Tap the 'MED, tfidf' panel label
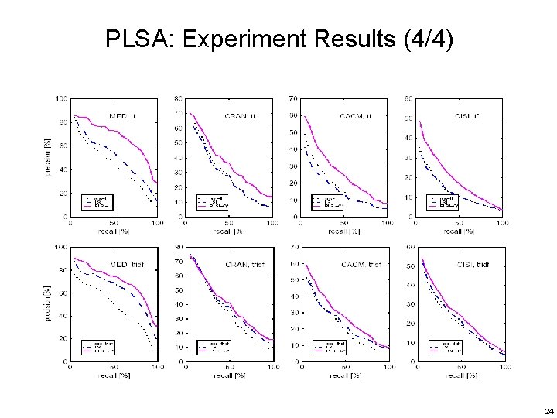click(x=125, y=265)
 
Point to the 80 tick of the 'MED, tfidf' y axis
click(x=60, y=270)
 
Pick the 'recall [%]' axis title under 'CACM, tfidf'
click(x=345, y=375)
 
